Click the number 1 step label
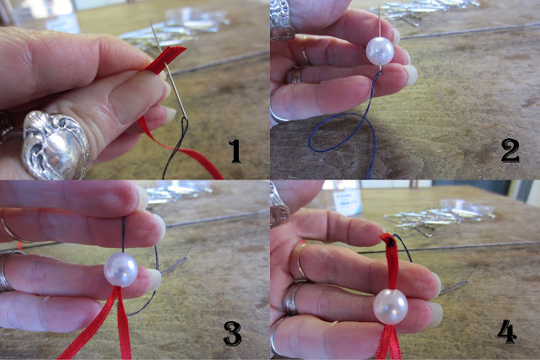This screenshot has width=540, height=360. coord(235,151)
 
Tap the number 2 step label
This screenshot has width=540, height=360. coord(510,151)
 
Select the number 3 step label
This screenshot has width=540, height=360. coord(233,333)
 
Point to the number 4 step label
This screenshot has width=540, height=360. coord(506,331)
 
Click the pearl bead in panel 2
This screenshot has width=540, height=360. coord(380,51)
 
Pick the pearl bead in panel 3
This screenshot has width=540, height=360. coord(121,270)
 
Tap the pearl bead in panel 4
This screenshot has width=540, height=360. coord(391,307)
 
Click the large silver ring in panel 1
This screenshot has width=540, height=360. coord(55,145)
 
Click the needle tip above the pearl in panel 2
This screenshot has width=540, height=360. coord(380,5)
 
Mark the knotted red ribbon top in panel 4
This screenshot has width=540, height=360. coord(389,240)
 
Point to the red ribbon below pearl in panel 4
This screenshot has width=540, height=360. coord(389,341)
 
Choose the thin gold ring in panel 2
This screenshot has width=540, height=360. coord(305,51)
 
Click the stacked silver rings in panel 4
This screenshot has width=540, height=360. coord(292,298)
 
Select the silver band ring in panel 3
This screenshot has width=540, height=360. coord(6,271)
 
